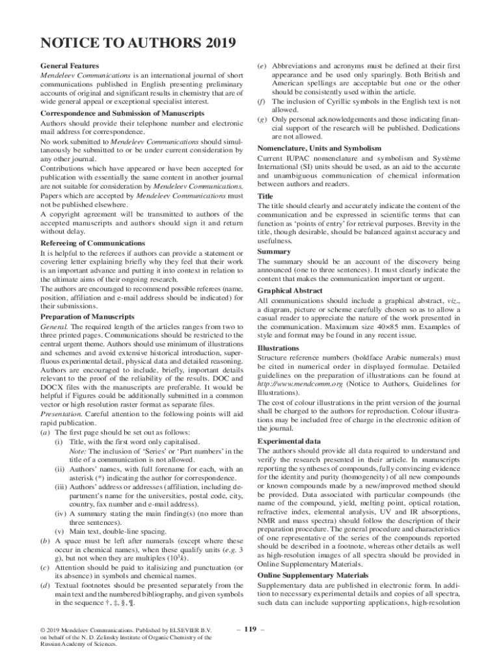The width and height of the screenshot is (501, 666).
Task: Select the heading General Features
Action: point(70,66)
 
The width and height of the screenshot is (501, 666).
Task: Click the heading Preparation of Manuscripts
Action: point(87,317)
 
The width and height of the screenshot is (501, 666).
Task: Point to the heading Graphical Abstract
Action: point(291,291)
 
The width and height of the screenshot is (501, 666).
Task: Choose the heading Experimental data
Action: point(288,441)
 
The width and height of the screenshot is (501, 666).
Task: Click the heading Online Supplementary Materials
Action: point(313,576)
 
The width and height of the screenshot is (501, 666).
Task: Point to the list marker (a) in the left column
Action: point(46,433)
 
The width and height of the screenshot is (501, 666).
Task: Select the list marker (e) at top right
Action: point(262,66)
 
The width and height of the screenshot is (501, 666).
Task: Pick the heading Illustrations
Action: point(278,348)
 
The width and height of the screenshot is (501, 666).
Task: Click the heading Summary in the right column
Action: point(274,252)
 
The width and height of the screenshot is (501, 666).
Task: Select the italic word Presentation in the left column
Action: point(61,414)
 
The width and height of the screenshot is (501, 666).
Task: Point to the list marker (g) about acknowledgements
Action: point(262,120)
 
